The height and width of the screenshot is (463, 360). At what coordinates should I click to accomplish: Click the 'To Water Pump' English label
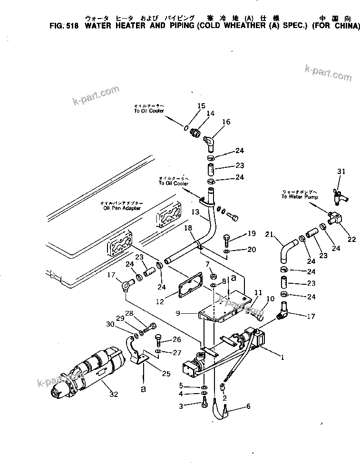click(x=300, y=196)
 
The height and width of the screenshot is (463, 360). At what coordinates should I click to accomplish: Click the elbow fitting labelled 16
click(x=210, y=141)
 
